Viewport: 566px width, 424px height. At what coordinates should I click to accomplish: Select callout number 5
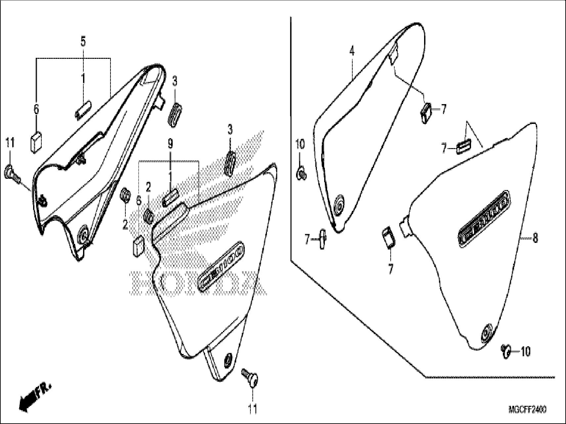(x=83, y=42)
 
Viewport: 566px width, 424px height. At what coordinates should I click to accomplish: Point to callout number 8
(x=535, y=238)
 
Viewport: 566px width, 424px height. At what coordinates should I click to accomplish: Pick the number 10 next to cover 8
(x=525, y=352)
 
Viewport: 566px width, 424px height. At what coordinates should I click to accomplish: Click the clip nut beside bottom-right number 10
(x=505, y=351)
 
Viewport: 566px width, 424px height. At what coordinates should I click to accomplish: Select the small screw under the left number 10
(x=301, y=173)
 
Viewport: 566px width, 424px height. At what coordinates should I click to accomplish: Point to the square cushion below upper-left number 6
(x=36, y=142)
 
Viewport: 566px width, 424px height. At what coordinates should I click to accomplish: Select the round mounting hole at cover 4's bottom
(x=339, y=206)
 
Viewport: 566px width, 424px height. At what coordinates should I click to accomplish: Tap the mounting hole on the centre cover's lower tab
(x=228, y=360)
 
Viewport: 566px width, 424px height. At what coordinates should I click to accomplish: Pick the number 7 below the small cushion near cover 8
(x=390, y=269)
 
